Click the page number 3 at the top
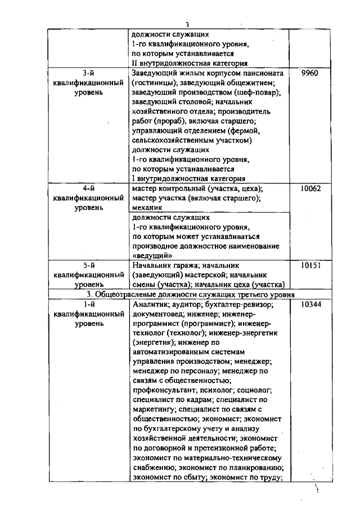point(187,24)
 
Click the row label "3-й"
point(88,73)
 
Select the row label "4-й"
point(88,188)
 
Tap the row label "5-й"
point(88,265)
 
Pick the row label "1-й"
point(88,304)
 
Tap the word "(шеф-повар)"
point(259,92)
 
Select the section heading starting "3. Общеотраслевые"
point(187,294)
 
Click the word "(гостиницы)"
point(154,83)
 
